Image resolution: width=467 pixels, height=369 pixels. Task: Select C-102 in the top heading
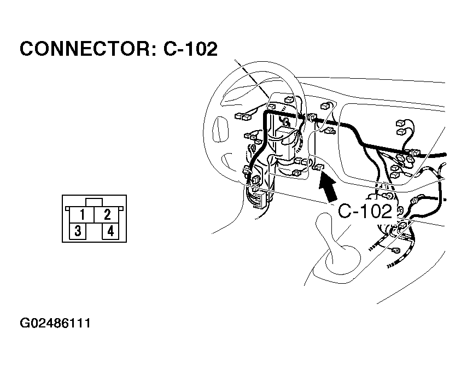(x=190, y=49)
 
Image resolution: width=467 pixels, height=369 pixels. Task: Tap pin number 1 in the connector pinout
(x=81, y=214)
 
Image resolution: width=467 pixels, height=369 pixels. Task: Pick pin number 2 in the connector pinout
(x=107, y=214)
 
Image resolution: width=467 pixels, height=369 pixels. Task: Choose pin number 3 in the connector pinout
(x=78, y=231)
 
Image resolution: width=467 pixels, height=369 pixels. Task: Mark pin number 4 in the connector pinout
(x=110, y=231)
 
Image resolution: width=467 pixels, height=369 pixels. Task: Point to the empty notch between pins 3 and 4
(x=94, y=232)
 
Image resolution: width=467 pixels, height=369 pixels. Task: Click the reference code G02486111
(x=55, y=323)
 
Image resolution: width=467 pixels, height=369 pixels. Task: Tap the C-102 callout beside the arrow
(x=365, y=212)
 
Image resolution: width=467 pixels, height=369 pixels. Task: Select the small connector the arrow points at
(x=318, y=167)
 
